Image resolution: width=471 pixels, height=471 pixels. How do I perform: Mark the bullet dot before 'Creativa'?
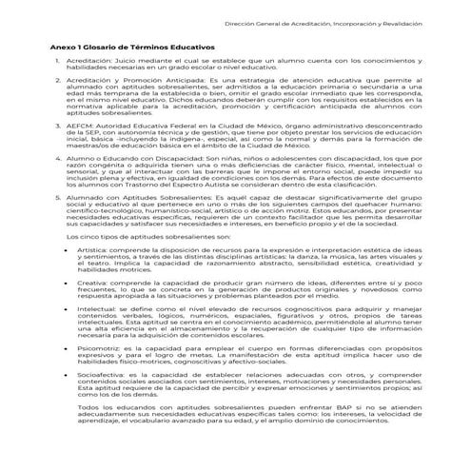(x=66, y=282)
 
